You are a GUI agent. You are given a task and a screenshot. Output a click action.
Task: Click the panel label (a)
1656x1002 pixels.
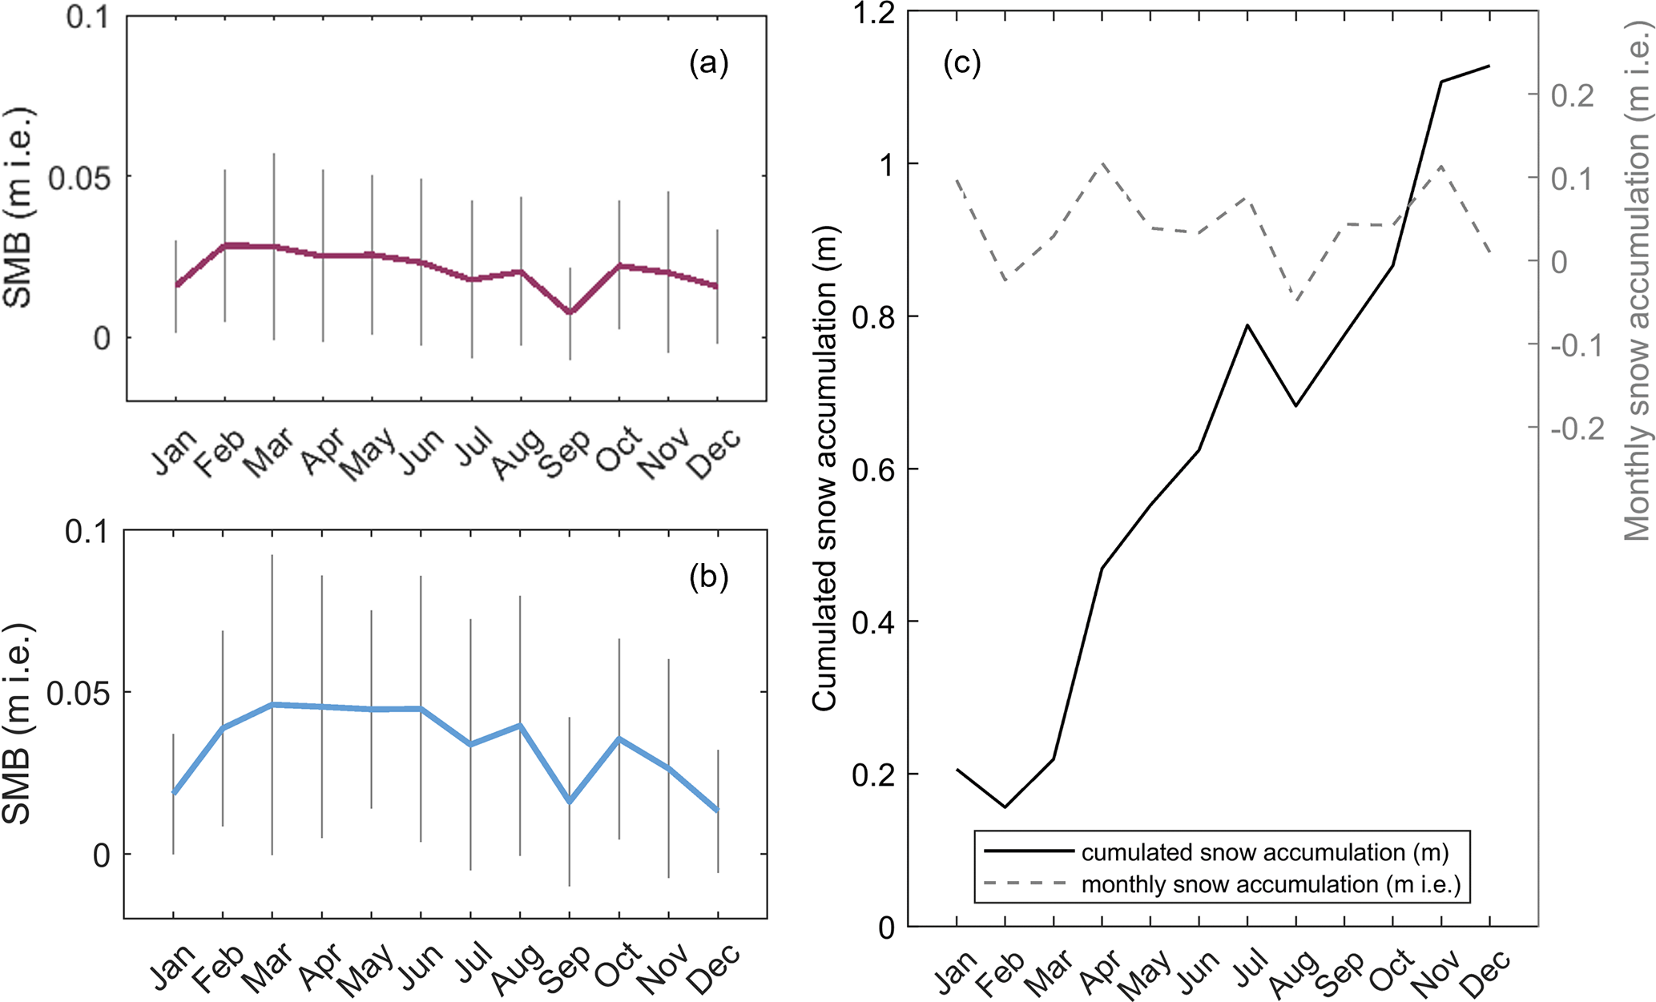pos(709,62)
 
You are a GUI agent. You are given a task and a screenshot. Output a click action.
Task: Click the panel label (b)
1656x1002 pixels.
pos(709,577)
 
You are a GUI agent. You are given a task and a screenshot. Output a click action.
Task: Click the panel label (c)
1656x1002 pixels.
pos(962,62)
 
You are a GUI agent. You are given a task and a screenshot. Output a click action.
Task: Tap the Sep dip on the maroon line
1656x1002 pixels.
pos(570,312)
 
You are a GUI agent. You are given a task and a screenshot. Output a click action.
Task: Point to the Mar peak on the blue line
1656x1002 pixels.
pos(272,705)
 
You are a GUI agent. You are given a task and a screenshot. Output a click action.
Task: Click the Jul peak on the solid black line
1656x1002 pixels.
pos(1247,325)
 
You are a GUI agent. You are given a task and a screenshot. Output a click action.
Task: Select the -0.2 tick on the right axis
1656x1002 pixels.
pos(1577,429)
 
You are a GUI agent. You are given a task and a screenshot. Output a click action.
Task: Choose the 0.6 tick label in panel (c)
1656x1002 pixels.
pos(874,469)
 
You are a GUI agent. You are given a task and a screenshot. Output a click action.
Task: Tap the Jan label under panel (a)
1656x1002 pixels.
pos(173,452)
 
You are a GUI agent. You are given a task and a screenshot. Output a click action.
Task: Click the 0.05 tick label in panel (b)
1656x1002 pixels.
pos(78,692)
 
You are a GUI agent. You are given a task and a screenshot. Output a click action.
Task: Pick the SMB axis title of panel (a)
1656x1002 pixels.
pos(18,208)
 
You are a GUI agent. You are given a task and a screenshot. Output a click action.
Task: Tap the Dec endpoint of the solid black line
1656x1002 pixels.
pos(1489,66)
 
